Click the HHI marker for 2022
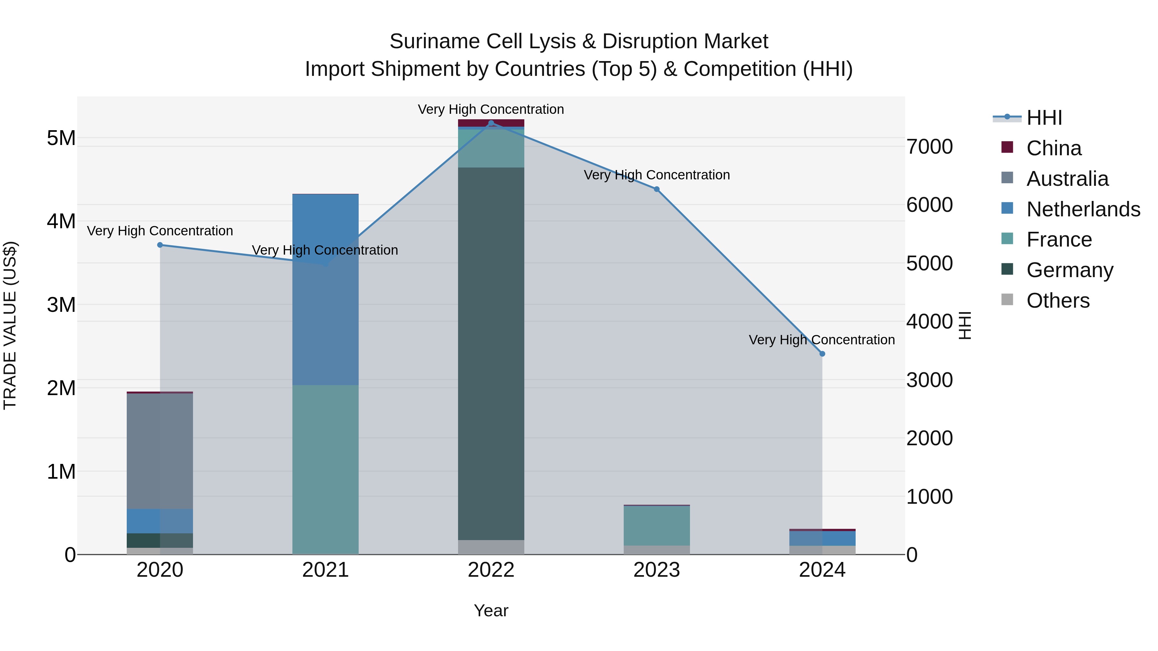tap(491, 123)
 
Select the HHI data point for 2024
tap(822, 354)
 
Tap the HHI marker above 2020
tap(160, 245)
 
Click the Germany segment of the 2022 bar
tap(491, 354)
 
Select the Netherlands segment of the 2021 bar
tap(326, 289)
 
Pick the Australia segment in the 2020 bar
tap(160, 451)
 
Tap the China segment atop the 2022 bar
tap(491, 123)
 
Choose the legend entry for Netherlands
tap(1083, 209)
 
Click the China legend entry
tap(1054, 148)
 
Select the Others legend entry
tap(1058, 301)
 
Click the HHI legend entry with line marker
tap(1044, 118)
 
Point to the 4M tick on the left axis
tap(61, 221)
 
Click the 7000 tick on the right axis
tap(929, 147)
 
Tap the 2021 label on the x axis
tap(326, 570)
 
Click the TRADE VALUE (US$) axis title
tap(10, 325)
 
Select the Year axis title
tap(491, 610)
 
